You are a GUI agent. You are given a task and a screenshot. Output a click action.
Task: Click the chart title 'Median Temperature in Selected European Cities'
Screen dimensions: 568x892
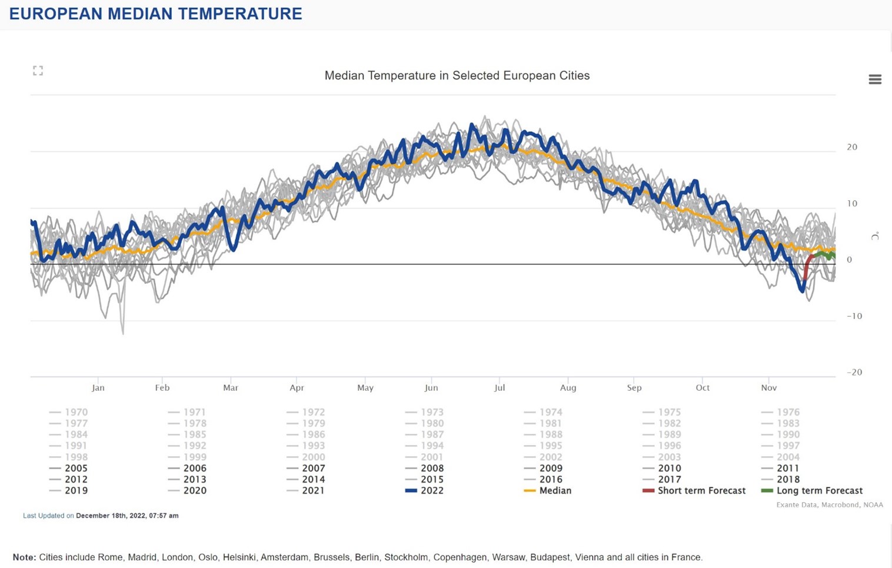coord(457,76)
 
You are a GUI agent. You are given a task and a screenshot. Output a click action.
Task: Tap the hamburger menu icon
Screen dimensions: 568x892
coord(875,79)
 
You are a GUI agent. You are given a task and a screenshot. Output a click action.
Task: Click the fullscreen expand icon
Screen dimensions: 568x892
coord(38,71)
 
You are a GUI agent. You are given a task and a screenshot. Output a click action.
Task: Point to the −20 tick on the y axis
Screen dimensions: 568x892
coord(854,373)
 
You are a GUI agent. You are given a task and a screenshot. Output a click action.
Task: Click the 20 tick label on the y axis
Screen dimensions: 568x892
coord(852,147)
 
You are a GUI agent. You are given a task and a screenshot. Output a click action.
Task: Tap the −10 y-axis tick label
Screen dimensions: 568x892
coord(854,316)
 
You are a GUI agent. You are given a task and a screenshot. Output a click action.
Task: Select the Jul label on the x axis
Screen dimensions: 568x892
coord(500,388)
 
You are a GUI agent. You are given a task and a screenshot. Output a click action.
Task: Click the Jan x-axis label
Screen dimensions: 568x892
coord(98,388)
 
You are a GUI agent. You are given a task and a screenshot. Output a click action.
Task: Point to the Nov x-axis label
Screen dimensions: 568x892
coord(769,388)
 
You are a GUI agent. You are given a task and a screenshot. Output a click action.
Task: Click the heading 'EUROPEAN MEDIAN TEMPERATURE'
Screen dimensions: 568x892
coord(155,14)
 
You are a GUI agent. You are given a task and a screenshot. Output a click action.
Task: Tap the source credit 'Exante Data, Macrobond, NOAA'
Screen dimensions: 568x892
coord(830,505)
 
